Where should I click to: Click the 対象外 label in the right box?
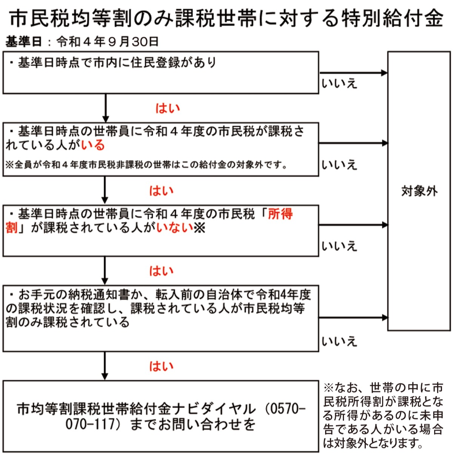pyautogui.click(x=419, y=191)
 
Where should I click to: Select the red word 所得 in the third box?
pyautogui.click(x=280, y=214)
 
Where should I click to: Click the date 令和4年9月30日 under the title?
pyautogui.click(x=108, y=42)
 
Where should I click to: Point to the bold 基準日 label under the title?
pyautogui.click(x=23, y=42)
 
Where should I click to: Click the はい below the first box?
pyautogui.click(x=168, y=108)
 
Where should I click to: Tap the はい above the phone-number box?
pyautogui.click(x=161, y=366)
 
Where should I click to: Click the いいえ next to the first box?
pyautogui.click(x=339, y=83)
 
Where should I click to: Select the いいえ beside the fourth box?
pyautogui.click(x=339, y=341)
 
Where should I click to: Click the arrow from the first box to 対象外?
pyautogui.click(x=353, y=73)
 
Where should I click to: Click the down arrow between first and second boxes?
pyautogui.click(x=105, y=108)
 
